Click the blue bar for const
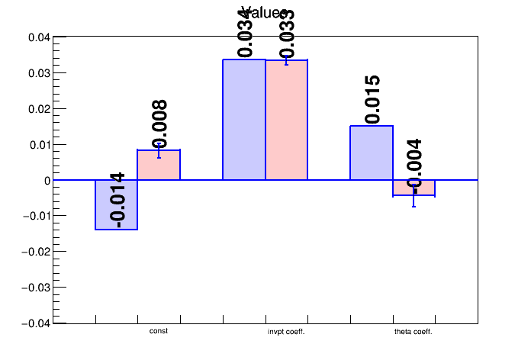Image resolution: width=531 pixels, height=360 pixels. (x=116, y=204)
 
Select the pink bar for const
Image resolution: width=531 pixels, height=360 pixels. (x=159, y=165)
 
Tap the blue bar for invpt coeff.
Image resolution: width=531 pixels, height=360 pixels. (x=243, y=120)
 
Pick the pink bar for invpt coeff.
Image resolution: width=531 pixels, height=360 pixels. (x=286, y=120)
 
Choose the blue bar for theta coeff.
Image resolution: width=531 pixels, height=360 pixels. (x=372, y=153)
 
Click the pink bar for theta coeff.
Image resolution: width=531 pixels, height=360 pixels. (x=414, y=188)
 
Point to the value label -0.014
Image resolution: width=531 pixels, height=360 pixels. (x=117, y=199)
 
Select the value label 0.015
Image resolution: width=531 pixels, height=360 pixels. (x=372, y=100)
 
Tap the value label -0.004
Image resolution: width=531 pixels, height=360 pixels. (x=414, y=163)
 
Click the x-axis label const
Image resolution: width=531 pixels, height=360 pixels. (x=159, y=331)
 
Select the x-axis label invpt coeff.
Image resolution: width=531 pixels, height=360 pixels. (x=286, y=332)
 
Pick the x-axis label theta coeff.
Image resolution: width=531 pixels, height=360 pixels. (x=414, y=332)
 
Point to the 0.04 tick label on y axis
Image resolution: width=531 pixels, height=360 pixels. (x=39, y=37)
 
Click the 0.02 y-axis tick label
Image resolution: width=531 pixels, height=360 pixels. (x=39, y=109)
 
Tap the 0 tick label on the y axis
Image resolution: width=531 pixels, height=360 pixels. (x=47, y=181)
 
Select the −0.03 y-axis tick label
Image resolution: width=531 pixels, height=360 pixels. (x=36, y=288)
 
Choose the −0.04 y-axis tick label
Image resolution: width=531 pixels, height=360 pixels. (x=36, y=323)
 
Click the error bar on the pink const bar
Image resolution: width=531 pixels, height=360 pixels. (x=159, y=150)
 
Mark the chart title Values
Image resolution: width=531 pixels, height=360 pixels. (x=265, y=13)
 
